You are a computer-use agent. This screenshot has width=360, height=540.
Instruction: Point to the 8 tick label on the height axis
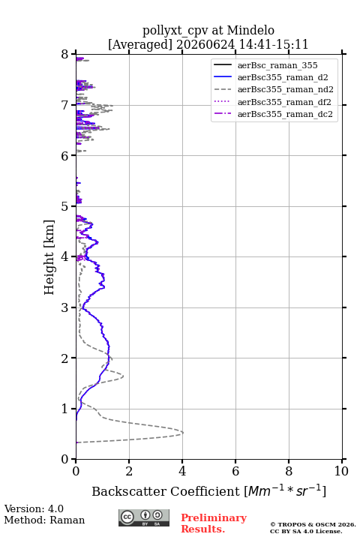coord(65,55)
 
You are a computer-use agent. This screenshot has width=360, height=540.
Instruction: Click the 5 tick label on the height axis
coord(65,206)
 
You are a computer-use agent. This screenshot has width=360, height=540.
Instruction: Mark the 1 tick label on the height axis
coord(65,409)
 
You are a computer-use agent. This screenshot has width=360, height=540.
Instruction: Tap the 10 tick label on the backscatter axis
coord(341,471)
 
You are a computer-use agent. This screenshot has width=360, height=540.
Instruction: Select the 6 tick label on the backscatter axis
coord(235,471)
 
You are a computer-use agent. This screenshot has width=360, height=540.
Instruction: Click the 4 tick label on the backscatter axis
coord(182,471)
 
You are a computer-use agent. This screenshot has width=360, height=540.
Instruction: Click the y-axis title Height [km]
coord(49,257)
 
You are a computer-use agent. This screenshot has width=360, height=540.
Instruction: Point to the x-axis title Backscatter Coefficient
coord(166,491)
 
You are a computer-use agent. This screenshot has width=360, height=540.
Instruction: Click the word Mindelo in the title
coord(250,30)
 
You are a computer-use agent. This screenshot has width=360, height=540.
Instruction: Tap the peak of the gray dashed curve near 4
coord(183,433)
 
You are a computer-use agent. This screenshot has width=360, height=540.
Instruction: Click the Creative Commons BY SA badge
coord(144,517)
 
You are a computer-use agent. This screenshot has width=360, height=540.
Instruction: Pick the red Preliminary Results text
coord(214,523)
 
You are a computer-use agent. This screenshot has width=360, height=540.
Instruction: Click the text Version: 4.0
coord(34,508)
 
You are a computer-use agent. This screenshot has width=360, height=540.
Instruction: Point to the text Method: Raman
coord(44,520)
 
